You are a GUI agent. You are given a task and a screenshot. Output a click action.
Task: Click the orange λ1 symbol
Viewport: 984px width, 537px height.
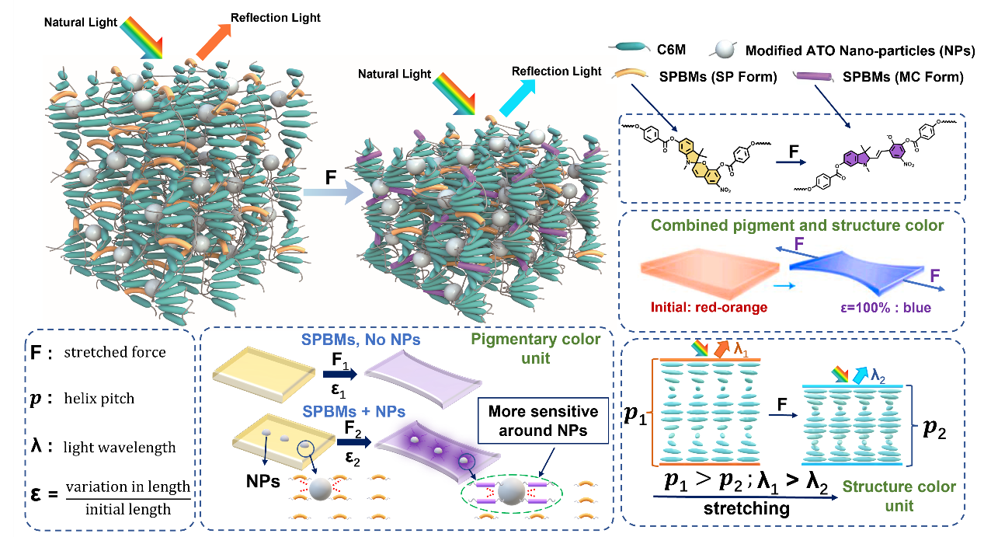742,348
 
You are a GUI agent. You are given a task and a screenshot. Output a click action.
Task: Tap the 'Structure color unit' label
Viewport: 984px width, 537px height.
911,496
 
